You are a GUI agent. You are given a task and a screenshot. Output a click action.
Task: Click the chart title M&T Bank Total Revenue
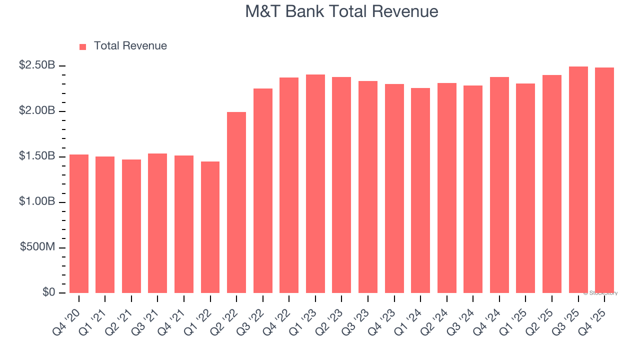341,11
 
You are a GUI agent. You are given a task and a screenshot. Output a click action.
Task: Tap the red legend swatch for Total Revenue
83,46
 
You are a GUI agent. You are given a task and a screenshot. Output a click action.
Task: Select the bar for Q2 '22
236,202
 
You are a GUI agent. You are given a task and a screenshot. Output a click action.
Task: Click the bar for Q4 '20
79,223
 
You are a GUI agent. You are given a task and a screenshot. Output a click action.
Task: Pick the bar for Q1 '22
210,227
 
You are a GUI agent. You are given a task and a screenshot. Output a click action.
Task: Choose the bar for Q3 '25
578,180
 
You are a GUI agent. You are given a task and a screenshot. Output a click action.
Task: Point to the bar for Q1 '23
315,183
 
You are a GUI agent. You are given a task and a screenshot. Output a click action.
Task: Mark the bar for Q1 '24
420,190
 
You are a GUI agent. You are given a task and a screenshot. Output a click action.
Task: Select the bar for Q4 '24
499,185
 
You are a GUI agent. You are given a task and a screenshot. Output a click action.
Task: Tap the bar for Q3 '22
263,190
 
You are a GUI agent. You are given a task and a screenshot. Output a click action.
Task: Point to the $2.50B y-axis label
37,65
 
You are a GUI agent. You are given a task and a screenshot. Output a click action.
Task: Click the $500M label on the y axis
37,247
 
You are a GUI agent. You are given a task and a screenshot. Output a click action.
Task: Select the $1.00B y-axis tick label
37,201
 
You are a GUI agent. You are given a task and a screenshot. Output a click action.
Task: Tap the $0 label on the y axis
48,292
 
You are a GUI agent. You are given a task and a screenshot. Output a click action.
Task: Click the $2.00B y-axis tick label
37,110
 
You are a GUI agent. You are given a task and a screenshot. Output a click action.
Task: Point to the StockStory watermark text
600,293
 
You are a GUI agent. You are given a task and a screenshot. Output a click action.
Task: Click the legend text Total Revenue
130,46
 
